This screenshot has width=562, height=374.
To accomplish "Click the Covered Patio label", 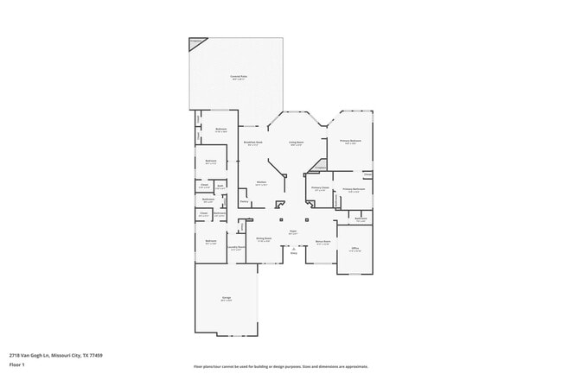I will (239, 77).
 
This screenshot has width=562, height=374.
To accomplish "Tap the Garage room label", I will (226, 299).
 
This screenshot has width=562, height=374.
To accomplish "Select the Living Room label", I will (297, 143).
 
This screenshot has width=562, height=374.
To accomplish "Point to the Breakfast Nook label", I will (254, 143).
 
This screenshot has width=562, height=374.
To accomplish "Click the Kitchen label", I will (261, 182).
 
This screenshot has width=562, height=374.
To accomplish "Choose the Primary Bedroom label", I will (350, 142).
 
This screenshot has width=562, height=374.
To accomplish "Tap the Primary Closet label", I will (320, 188).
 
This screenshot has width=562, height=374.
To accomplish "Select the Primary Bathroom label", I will (353, 189).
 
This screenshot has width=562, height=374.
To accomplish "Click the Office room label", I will (354, 249).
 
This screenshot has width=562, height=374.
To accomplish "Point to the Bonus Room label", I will (323, 242).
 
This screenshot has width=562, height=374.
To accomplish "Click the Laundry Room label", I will (236, 248).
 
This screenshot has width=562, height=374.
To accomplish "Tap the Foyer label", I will (293, 231).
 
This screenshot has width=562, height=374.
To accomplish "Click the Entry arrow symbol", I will (293, 249).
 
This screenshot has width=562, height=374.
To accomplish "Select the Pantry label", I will (245, 202).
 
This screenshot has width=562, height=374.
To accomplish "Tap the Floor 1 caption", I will (16, 364).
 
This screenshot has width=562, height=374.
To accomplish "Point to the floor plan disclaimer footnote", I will (280, 366).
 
